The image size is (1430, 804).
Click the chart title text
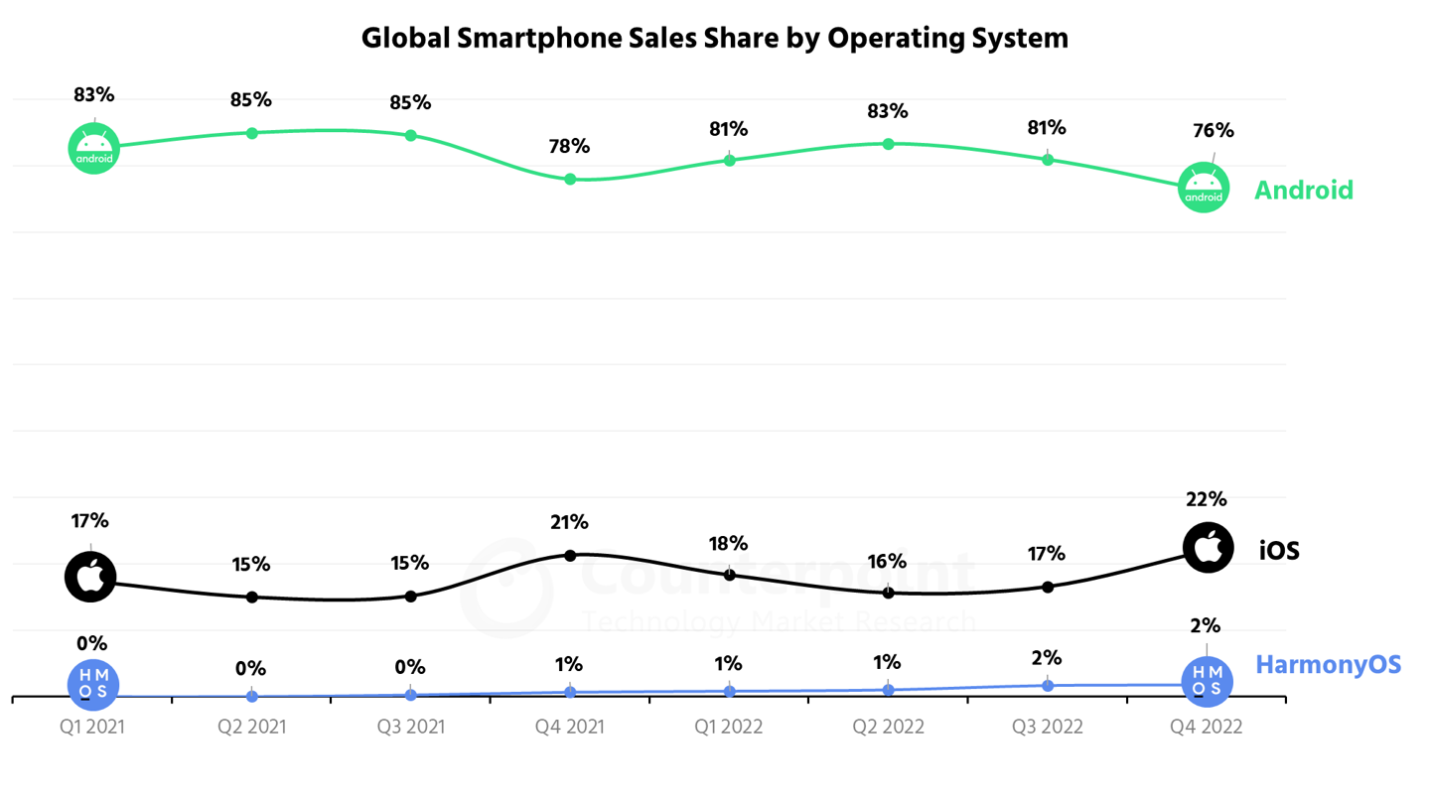point(714,38)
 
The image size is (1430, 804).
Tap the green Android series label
point(1303,190)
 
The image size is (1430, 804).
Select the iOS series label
point(1279,550)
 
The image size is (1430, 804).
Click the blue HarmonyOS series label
point(1329,664)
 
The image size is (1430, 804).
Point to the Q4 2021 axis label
point(570,727)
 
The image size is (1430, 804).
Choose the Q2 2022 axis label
point(888,727)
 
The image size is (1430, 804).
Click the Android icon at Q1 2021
point(93,148)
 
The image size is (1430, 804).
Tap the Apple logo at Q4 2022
point(1208,547)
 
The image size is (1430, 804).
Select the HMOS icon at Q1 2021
point(93,683)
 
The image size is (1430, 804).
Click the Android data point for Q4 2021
point(570,179)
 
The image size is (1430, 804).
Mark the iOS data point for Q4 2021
point(570,555)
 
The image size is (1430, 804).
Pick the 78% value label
point(570,146)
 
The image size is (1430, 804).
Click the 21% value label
point(570,522)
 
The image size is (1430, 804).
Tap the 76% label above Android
point(1214,130)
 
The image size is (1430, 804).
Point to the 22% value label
point(1207,499)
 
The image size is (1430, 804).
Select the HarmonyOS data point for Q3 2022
point(1048,685)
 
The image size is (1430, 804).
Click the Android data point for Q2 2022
point(888,143)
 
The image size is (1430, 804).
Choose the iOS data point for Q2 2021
point(252,597)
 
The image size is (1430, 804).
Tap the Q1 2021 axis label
point(92,727)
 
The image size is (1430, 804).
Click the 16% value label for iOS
point(887,561)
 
